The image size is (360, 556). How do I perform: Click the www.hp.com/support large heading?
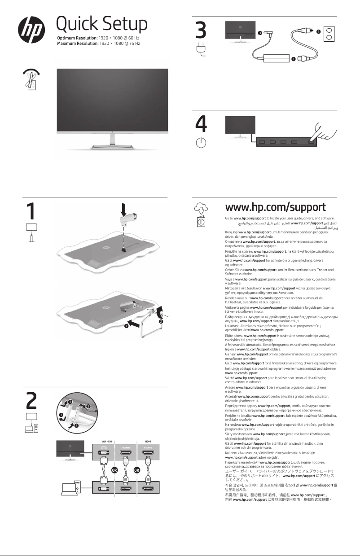point(275,207)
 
